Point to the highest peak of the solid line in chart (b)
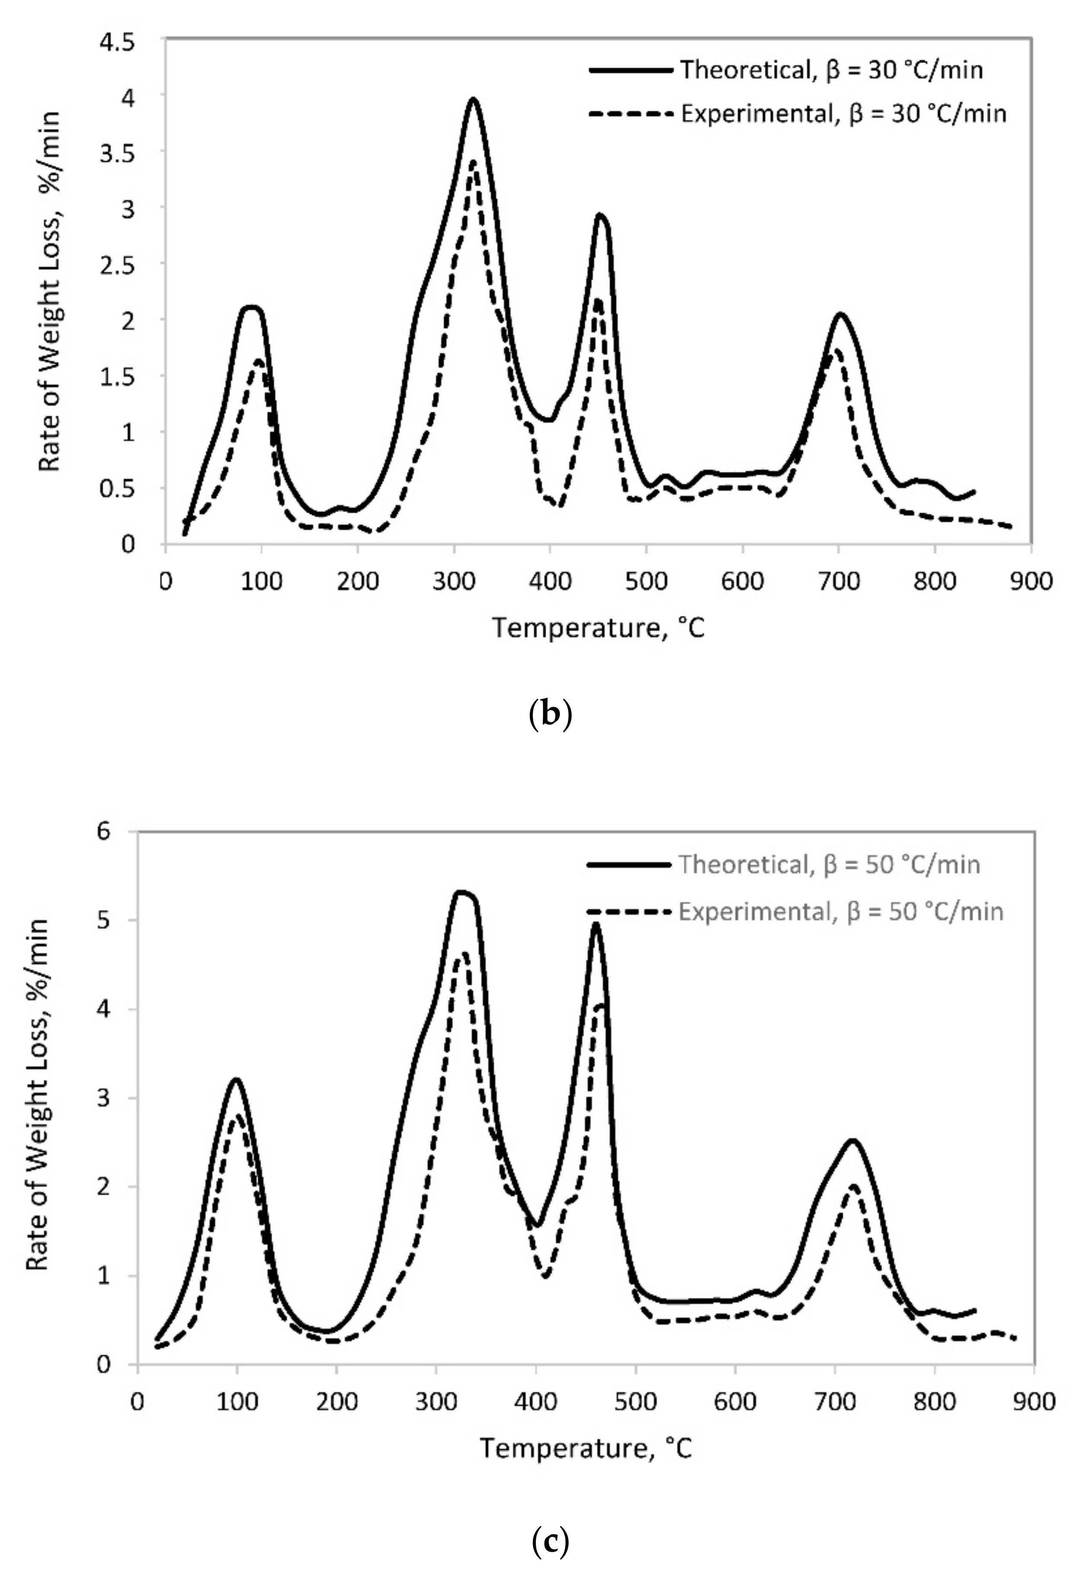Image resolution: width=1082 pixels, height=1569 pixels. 473,99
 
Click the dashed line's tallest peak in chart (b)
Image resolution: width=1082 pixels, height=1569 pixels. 473,161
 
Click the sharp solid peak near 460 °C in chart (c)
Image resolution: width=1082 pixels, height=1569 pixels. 596,923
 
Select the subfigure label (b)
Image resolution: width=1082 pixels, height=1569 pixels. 549,714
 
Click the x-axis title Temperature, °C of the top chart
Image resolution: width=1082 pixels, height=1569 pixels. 598,628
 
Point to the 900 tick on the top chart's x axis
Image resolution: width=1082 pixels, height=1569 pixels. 1031,582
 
